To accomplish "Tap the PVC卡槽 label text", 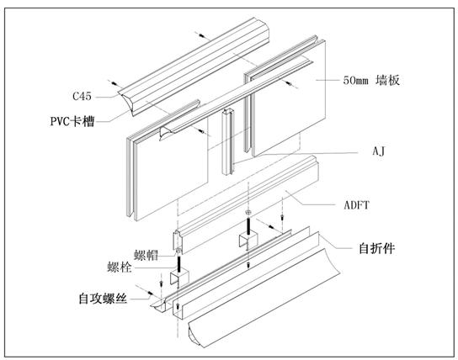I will click(x=71, y=121).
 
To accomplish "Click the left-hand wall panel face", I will click(x=168, y=168).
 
